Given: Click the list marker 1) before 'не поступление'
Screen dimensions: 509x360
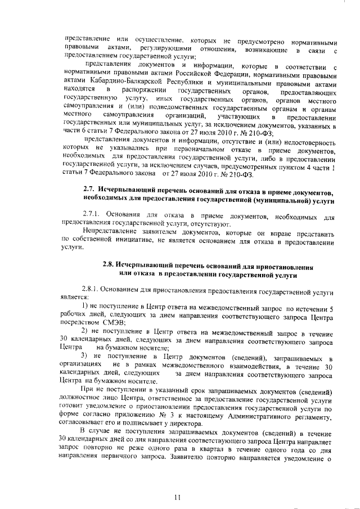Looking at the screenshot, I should point(85,305).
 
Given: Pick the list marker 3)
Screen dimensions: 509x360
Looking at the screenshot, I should point(85,358).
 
